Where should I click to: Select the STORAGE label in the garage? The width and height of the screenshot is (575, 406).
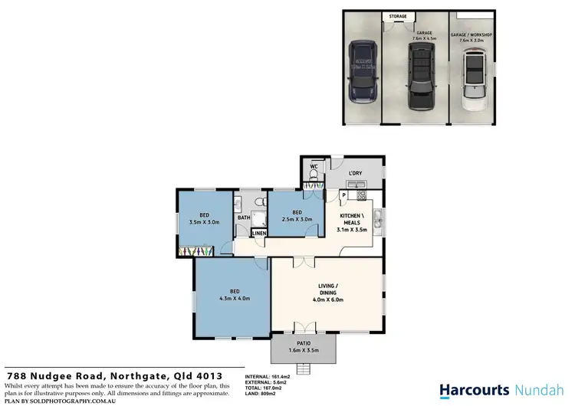coord(398,16)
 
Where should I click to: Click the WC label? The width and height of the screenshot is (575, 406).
coord(314,165)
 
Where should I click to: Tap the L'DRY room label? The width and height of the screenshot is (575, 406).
coord(355,172)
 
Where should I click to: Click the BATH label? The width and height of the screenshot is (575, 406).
coord(244,218)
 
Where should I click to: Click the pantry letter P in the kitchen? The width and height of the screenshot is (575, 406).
coord(343,195)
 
